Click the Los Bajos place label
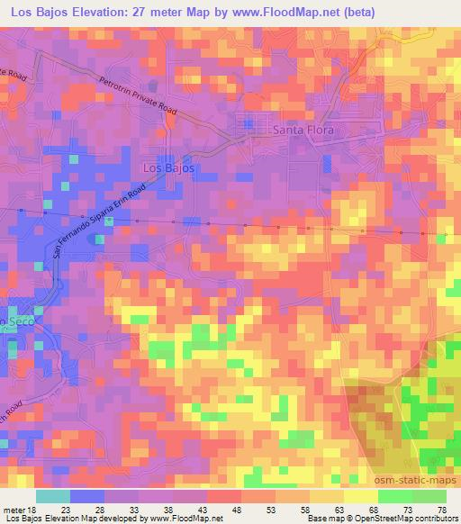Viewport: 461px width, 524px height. click(x=168, y=167)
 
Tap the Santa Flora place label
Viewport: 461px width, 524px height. click(x=303, y=131)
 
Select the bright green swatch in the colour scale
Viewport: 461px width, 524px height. click(x=394, y=496)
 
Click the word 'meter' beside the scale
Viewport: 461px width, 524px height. click(x=13, y=510)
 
